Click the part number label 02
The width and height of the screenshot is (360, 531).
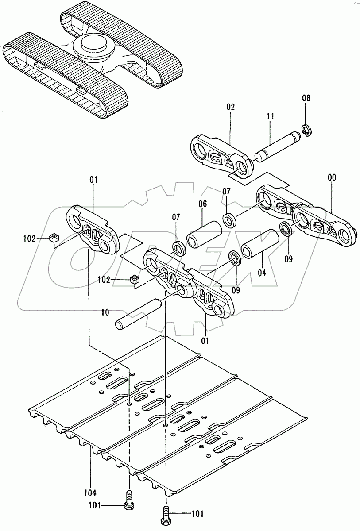click(x=230, y=107)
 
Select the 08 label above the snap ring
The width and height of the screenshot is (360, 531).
click(x=306, y=98)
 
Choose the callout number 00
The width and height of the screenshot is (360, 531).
click(x=331, y=178)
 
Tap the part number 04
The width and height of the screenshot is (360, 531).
click(x=262, y=273)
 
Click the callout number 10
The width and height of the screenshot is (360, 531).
click(x=105, y=312)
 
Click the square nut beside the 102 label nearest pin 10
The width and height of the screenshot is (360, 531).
click(x=135, y=279)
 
